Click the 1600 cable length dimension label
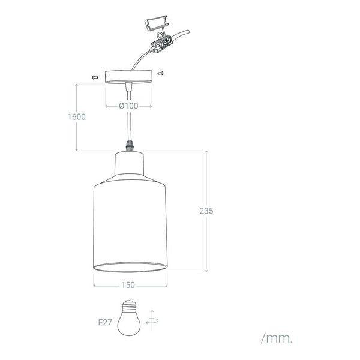[76, 117]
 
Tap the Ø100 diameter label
[128, 106]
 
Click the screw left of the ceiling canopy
[94, 77]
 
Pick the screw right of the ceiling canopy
[160, 73]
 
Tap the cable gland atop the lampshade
[128, 146]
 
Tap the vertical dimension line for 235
[206, 240]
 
